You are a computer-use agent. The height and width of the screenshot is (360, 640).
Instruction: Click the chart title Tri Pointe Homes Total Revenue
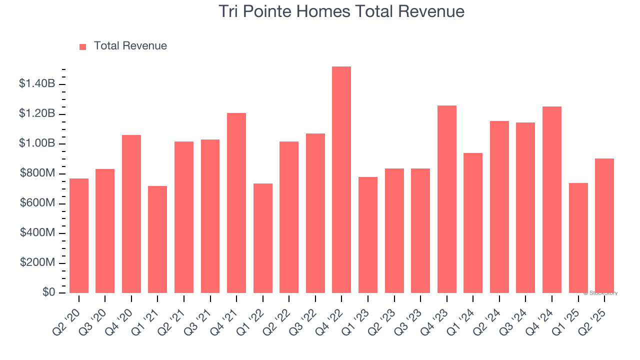click(341, 11)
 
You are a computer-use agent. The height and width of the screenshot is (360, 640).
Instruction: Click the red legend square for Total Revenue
click(83, 46)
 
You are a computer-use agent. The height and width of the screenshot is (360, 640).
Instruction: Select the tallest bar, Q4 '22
click(341, 180)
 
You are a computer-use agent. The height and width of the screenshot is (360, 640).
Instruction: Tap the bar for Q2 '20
click(79, 236)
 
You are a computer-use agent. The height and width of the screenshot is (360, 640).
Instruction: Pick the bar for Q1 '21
click(157, 239)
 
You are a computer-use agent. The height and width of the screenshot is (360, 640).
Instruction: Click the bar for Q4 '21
click(236, 203)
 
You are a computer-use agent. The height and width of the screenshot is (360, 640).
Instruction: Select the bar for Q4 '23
click(446, 199)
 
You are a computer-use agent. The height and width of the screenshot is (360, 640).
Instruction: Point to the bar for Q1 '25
click(578, 238)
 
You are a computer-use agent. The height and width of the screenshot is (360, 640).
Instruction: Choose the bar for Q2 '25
click(604, 226)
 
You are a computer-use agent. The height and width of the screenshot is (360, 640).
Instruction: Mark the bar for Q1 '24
click(473, 223)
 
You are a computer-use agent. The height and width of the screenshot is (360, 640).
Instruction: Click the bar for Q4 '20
click(131, 214)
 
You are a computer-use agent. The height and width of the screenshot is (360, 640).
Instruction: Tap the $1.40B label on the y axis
click(37, 84)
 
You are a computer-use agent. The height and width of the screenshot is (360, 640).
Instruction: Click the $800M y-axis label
click(37, 173)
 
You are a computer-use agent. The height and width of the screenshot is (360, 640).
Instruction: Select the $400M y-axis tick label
click(37, 233)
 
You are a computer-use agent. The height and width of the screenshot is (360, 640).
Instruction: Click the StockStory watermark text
click(602, 293)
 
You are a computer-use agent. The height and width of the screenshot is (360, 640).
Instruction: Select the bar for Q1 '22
click(263, 238)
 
